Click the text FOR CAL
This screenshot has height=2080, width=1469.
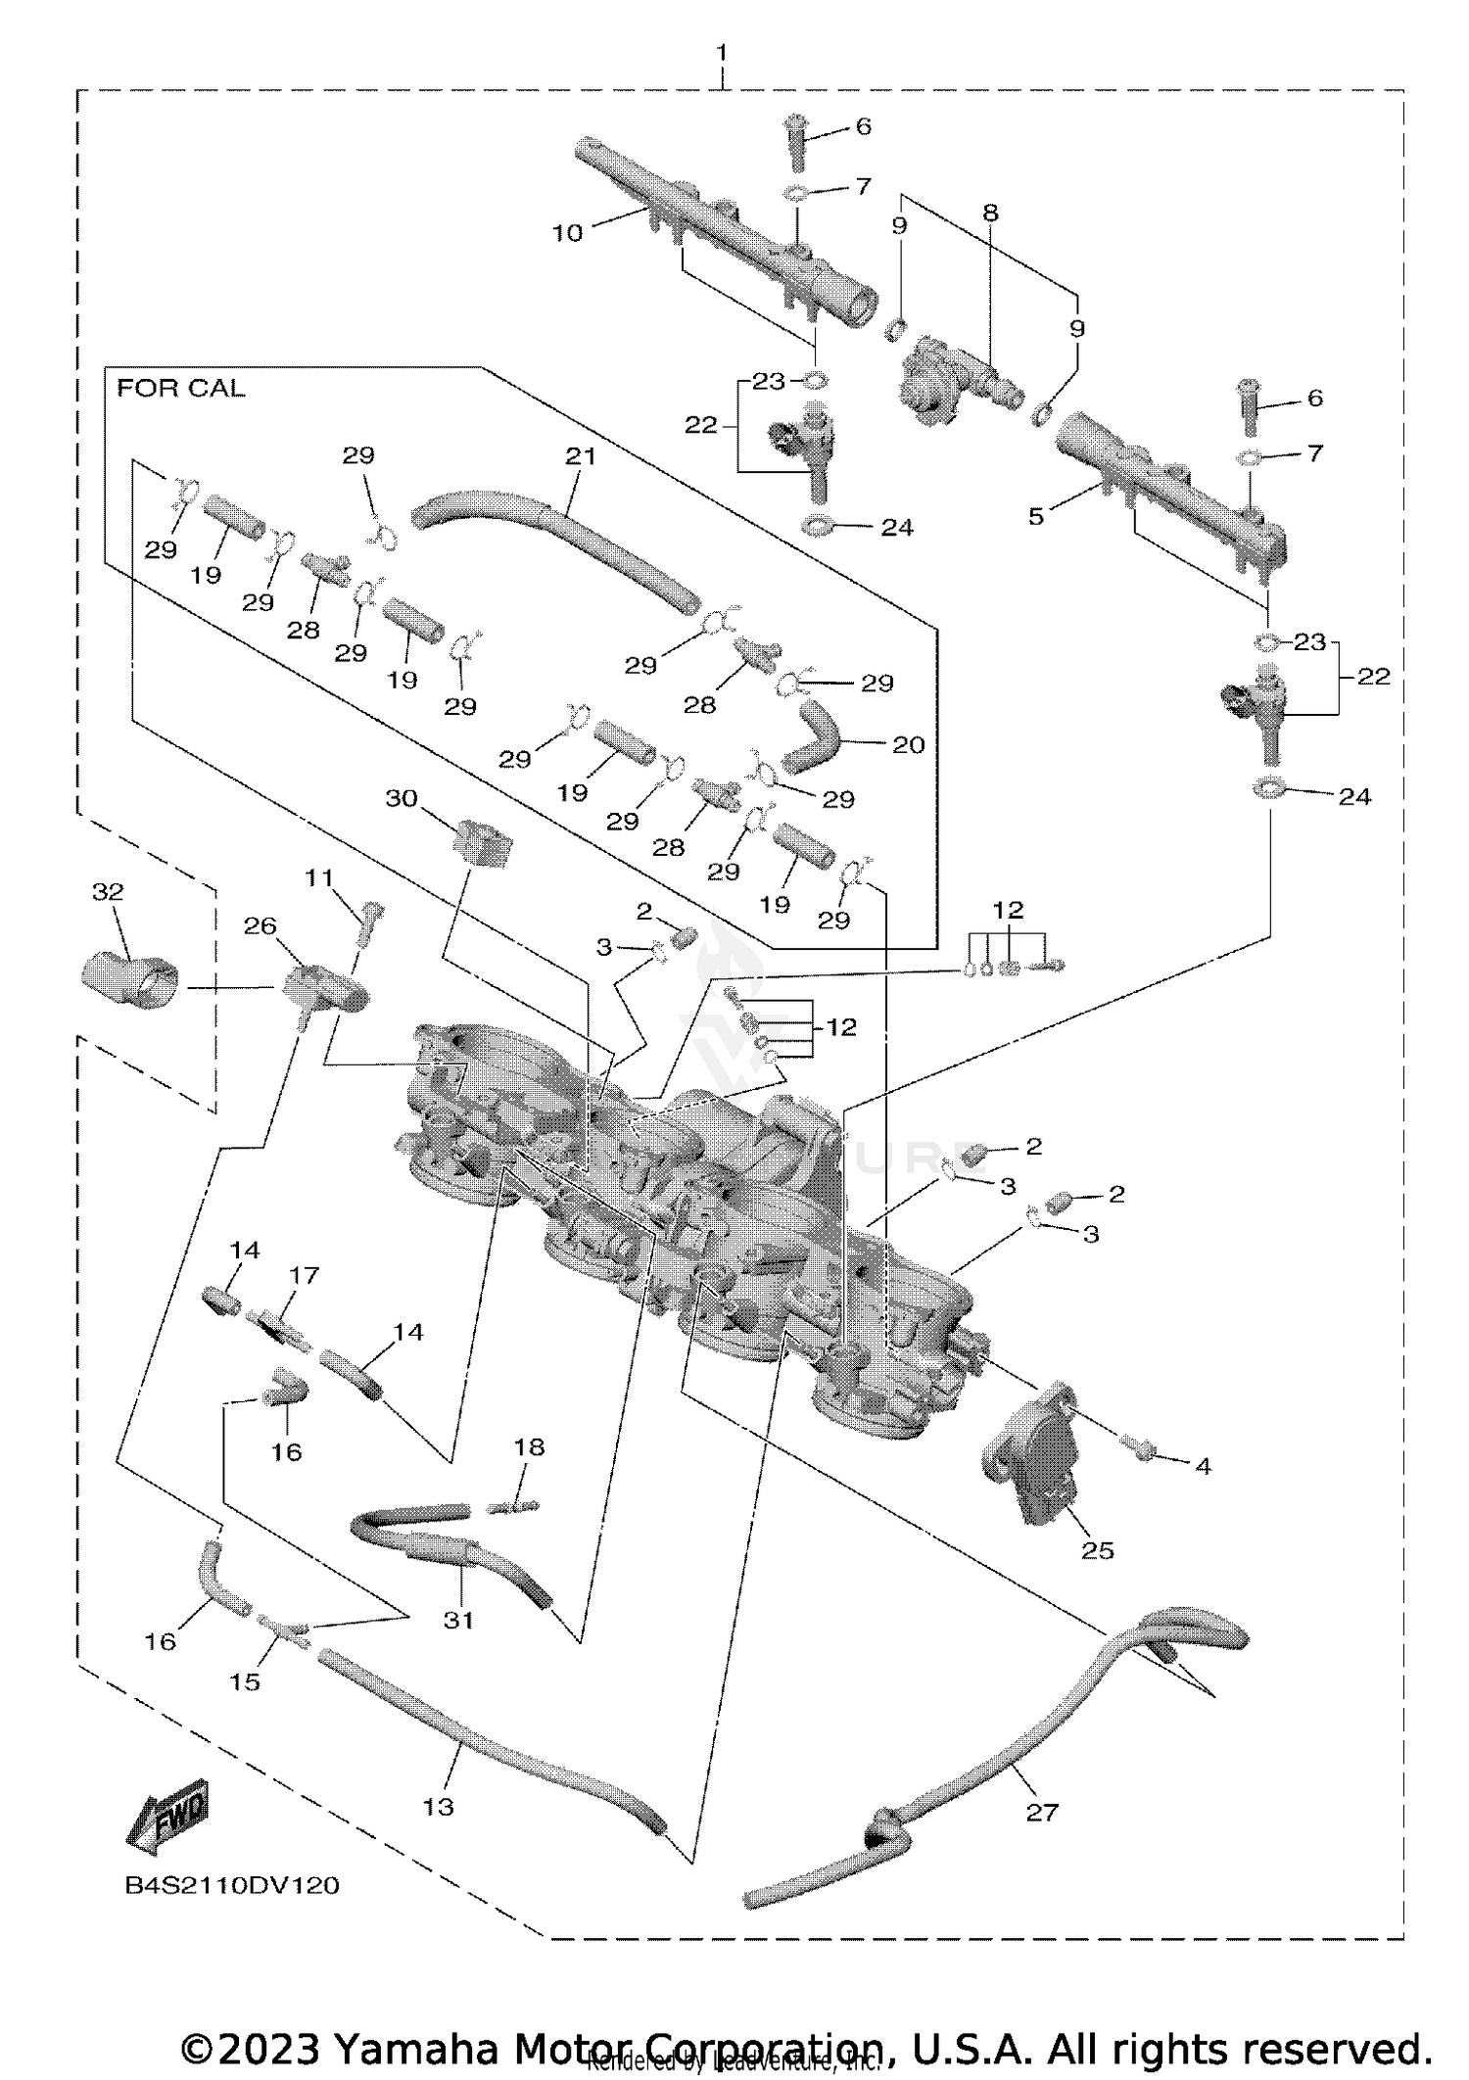pyautogui.click(x=180, y=389)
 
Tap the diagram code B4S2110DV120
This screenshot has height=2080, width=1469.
pyautogui.click(x=232, y=1885)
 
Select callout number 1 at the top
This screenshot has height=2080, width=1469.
pyautogui.click(x=722, y=51)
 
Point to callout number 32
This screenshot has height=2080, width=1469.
pyautogui.click(x=108, y=891)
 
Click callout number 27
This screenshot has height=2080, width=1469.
pyautogui.click(x=1042, y=1813)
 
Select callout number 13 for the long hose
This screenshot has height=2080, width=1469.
pyautogui.click(x=438, y=1806)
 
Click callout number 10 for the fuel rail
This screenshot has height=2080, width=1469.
pyautogui.click(x=567, y=233)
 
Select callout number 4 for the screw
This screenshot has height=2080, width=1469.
pyautogui.click(x=1203, y=1466)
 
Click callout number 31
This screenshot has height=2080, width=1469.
pyautogui.click(x=458, y=1620)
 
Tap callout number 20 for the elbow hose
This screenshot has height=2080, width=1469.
pyautogui.click(x=908, y=745)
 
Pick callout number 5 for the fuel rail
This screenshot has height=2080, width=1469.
pyautogui.click(x=1036, y=516)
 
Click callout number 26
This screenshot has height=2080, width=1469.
pyautogui.click(x=261, y=925)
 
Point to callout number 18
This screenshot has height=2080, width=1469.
pyautogui.click(x=529, y=1446)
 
